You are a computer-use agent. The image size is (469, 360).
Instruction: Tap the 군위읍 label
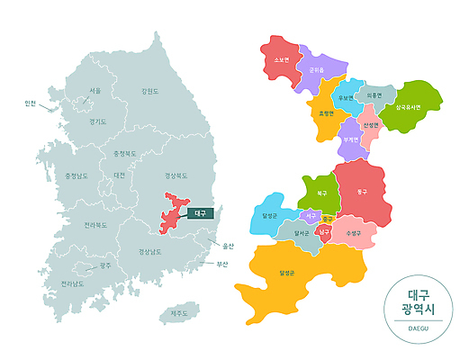point(316,69)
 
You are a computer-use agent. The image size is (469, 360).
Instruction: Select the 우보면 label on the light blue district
point(344,96)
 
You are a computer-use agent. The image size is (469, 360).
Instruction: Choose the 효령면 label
point(325,114)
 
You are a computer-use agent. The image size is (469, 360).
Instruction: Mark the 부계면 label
point(350,139)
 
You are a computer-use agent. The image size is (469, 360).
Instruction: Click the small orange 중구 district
point(329,219)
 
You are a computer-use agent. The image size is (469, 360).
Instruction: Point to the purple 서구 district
point(310,217)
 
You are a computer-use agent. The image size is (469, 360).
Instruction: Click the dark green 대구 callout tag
point(199,214)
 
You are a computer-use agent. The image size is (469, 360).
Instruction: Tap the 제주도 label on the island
point(179,313)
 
